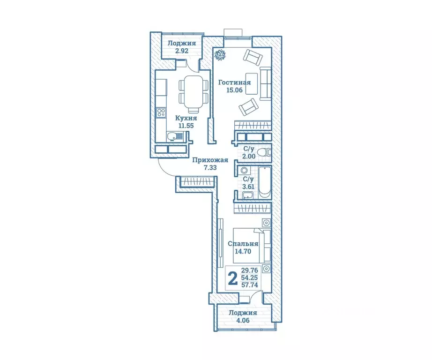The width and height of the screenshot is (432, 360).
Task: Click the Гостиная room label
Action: tap(234, 82)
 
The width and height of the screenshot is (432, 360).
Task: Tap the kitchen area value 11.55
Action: tap(186, 126)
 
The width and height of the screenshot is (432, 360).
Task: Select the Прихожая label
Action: tap(210, 160)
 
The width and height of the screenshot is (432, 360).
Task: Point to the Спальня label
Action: tap(243, 244)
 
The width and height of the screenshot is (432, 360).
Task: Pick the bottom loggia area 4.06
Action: tap(243, 320)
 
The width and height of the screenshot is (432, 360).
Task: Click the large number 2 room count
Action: tap(233, 279)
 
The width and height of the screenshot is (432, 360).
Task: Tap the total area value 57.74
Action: tap(250, 285)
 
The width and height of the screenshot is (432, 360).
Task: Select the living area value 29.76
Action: tap(250, 270)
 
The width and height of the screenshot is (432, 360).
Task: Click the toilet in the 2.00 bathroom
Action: tap(264, 152)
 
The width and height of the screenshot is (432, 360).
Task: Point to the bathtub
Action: tap(265, 182)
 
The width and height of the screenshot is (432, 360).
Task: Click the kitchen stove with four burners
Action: tap(161, 112)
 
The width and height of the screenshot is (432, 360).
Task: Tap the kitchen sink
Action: tap(172, 136)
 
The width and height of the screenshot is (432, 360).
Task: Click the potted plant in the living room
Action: tap(220, 54)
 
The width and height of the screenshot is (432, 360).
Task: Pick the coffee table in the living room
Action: tap(252, 83)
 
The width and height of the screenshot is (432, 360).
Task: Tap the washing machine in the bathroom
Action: tap(243, 170)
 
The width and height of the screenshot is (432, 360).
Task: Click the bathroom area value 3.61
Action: tap(248, 187)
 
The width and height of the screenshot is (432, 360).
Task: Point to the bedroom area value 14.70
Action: tap(243, 251)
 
